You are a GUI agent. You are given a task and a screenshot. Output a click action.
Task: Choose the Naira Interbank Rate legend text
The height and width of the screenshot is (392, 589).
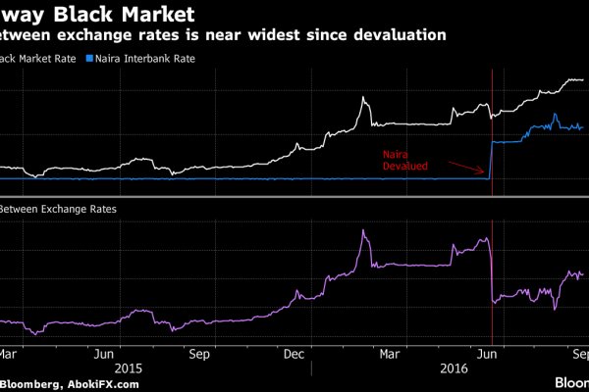coord(139,59)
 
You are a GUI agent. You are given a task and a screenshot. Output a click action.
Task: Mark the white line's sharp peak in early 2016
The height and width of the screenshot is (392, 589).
coord(364,98)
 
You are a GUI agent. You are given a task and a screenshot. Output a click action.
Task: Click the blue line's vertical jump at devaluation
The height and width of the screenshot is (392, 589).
coord(491,160)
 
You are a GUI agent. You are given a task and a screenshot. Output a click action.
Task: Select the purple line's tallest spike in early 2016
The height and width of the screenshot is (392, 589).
coord(364,232)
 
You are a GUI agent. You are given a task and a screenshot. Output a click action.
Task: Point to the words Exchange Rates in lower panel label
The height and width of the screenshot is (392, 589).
coord(75,209)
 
